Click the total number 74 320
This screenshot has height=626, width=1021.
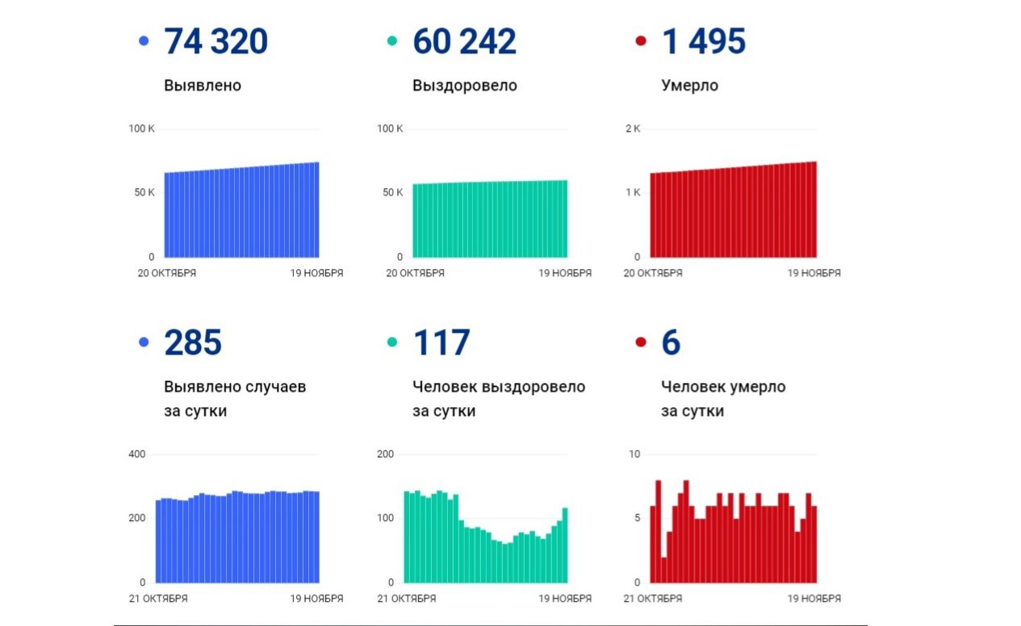pyautogui.click(x=215, y=42)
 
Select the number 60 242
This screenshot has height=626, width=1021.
pyautogui.click(x=464, y=42)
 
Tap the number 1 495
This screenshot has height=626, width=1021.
pyautogui.click(x=703, y=42)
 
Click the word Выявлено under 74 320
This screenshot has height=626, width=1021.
pyautogui.click(x=202, y=86)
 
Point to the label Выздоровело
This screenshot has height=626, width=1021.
pyautogui.click(x=464, y=86)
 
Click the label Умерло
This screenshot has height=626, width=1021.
pyautogui.click(x=689, y=86)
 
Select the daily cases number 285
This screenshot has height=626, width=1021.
pyautogui.click(x=193, y=343)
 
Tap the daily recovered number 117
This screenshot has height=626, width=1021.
pyautogui.click(x=441, y=343)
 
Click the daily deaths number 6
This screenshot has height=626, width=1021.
pyautogui.click(x=671, y=343)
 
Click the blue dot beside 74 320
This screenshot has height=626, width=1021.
pyautogui.click(x=144, y=40)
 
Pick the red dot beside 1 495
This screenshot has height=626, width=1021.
pyautogui.click(x=641, y=40)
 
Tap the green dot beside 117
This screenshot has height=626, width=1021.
pyautogui.click(x=392, y=342)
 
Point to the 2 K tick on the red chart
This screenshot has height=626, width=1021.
pyautogui.click(x=632, y=129)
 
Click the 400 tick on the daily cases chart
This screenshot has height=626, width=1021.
pyautogui.click(x=136, y=454)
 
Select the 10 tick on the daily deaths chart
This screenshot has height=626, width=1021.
pyautogui.click(x=634, y=454)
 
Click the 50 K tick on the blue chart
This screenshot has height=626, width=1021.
pyautogui.click(x=144, y=192)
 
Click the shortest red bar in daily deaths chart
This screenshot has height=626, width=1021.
pyautogui.click(x=663, y=569)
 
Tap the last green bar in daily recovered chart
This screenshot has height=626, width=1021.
pyautogui.click(x=565, y=545)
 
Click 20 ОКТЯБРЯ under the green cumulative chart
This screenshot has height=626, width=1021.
pyautogui.click(x=415, y=273)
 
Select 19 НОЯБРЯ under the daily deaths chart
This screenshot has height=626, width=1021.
pyautogui.click(x=814, y=599)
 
